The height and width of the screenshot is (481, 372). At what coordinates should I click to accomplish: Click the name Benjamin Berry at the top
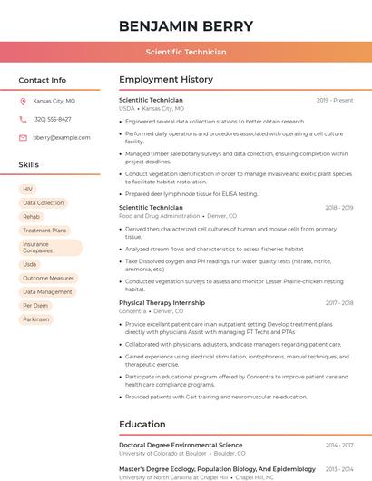[x=186, y=25]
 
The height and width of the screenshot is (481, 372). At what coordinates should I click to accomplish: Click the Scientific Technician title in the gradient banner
[x=186, y=53]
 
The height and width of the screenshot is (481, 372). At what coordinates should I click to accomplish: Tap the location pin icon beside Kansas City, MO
[x=23, y=102]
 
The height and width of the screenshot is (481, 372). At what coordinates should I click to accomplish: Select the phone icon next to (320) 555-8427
[x=23, y=119]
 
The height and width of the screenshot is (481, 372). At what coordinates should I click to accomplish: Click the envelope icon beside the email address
[x=23, y=137]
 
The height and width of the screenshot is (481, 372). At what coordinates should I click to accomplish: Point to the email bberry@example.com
[x=55, y=137]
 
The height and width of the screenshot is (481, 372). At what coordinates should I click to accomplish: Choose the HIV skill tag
[x=28, y=189]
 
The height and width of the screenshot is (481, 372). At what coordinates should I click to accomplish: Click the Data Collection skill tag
[x=44, y=202]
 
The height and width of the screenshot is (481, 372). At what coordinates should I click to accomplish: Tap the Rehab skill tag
[x=32, y=217]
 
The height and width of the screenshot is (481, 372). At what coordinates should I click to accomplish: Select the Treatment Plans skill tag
[x=44, y=231]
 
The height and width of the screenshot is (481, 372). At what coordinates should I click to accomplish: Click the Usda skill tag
[x=30, y=264]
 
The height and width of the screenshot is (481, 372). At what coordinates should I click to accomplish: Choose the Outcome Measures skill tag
[x=49, y=278]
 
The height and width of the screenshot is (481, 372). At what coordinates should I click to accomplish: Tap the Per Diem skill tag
[x=36, y=306]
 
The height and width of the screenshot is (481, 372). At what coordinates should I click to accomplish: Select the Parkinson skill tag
[x=36, y=319]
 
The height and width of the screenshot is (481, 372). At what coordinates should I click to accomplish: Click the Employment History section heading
[x=165, y=80]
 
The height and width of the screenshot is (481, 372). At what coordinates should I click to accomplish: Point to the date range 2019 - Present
[x=335, y=101]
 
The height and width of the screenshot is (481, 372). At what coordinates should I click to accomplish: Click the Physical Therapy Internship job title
[x=162, y=303]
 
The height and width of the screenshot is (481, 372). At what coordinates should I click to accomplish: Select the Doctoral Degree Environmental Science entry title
[x=181, y=446]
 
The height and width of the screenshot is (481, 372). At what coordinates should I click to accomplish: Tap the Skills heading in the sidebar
[x=29, y=165]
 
